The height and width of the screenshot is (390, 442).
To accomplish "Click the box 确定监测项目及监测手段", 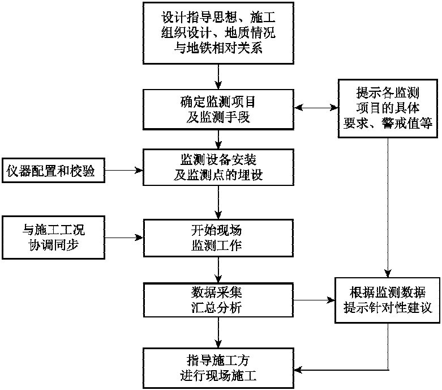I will [218, 109].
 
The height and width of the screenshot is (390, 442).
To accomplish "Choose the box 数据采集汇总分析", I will [218, 300].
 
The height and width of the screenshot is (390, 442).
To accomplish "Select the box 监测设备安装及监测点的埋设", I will [218, 168].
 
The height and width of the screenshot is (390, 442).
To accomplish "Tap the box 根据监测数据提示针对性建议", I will [388, 300].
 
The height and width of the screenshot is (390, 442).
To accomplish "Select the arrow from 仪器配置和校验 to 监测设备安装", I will [125, 169].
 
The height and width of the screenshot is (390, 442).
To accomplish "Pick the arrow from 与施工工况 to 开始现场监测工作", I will [125, 236].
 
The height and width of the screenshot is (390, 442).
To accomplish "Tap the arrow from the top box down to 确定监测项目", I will [218, 75].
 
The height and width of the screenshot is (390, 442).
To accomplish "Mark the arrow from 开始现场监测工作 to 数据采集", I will [218, 269].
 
